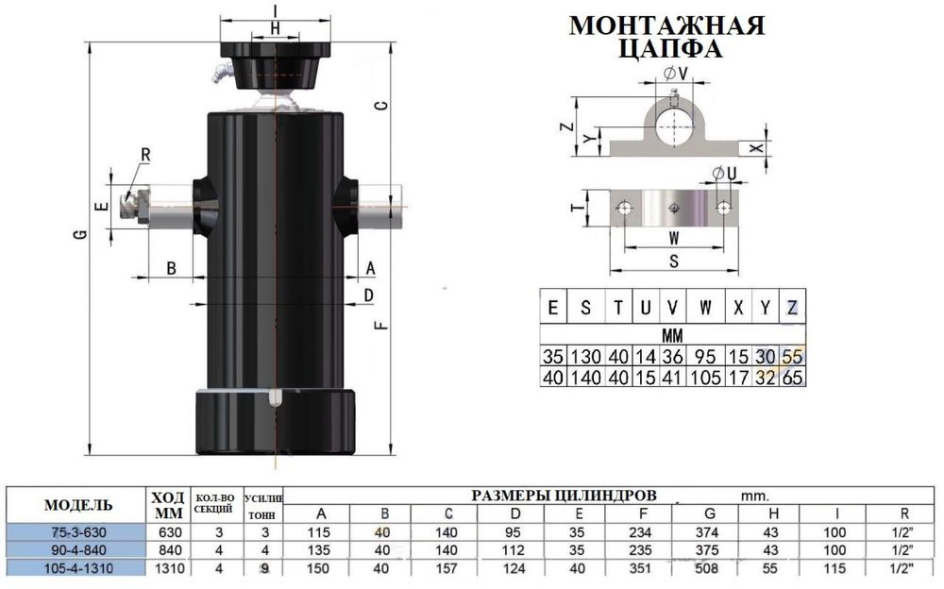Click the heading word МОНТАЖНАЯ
(666, 25)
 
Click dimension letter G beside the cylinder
(80, 234)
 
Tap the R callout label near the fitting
(145, 155)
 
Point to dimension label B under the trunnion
(171, 267)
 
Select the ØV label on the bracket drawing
(676, 74)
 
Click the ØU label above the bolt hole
(724, 174)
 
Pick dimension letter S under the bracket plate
(674, 261)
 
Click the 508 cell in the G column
(706, 568)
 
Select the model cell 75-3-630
(79, 532)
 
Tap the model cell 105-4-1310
(79, 568)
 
